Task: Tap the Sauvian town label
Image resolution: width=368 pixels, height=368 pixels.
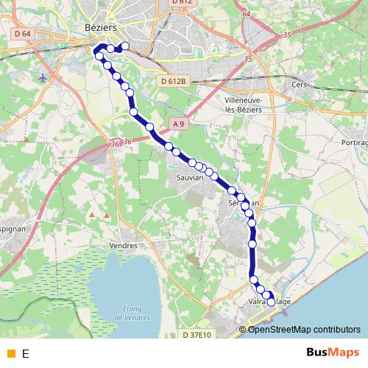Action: click(x=189, y=177)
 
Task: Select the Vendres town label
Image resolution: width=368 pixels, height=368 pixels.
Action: click(x=123, y=245)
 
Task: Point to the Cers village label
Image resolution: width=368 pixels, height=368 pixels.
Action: click(x=299, y=85)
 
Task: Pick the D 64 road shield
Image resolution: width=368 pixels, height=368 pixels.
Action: click(x=22, y=33)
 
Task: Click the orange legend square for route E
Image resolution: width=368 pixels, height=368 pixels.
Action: click(x=10, y=354)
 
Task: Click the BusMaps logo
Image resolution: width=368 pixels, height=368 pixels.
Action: click(x=333, y=353)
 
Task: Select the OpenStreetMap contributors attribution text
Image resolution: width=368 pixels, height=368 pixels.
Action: click(x=304, y=330)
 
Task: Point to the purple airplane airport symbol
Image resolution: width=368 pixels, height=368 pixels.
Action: click(x=43, y=77)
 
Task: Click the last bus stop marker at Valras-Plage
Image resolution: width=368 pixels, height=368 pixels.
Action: click(x=271, y=302)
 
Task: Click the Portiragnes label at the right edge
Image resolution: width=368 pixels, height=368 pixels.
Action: click(x=354, y=142)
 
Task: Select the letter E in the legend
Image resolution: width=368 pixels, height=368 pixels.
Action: click(x=26, y=354)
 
